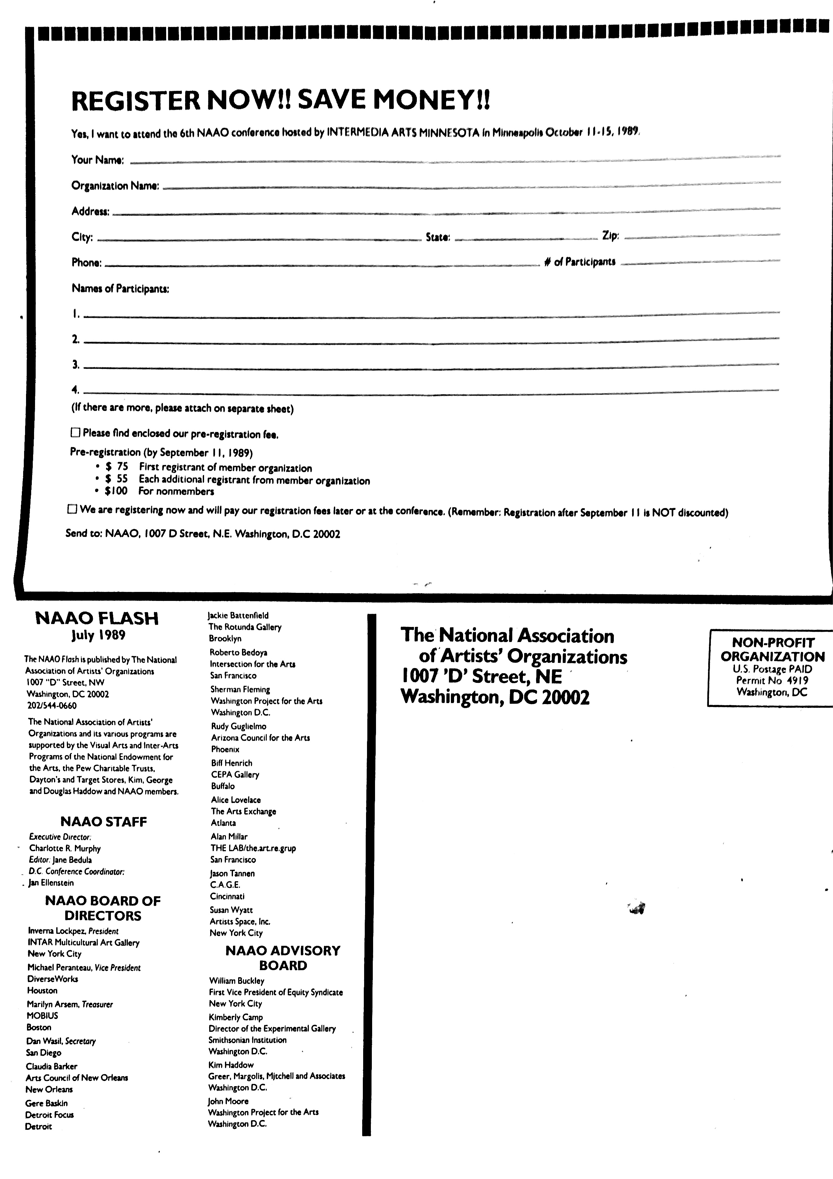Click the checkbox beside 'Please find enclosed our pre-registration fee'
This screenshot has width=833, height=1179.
pos(76,433)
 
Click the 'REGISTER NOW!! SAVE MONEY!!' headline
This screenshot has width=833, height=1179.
pos(281,100)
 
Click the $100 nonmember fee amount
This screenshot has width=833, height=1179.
pos(116,491)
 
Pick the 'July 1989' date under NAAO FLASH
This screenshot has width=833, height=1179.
pos(98,635)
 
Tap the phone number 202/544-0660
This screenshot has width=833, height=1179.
pos(52,706)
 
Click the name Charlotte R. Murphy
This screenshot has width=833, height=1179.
pos(65,848)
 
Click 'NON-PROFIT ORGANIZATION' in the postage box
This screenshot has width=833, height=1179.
pos(772,649)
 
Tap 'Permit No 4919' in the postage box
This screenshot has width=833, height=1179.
pos(772,680)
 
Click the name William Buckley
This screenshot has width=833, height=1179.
pos(237,980)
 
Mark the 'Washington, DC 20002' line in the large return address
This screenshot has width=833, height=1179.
pos(495,697)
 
